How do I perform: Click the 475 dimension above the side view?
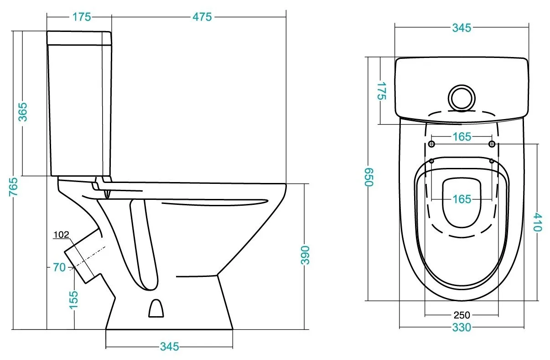click(x=202, y=17)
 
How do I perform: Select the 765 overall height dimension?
click(x=14, y=187)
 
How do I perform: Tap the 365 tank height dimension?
click(x=23, y=112)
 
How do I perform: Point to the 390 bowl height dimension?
click(x=305, y=255)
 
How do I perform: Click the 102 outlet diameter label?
click(x=61, y=235)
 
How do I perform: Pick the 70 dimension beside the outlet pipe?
click(x=59, y=267)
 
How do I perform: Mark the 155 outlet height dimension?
click(x=74, y=300)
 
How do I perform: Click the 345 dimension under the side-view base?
click(x=169, y=346)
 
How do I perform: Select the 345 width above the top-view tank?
click(x=462, y=28)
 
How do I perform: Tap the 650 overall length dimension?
click(x=368, y=177)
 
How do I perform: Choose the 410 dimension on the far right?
click(x=538, y=222)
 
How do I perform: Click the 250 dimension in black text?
click(x=462, y=315)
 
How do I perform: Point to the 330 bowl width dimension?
click(x=462, y=327)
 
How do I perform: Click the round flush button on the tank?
click(x=462, y=98)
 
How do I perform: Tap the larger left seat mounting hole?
click(x=431, y=144)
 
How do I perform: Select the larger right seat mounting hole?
click(x=492, y=144)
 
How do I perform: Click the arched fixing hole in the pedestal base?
click(x=156, y=308)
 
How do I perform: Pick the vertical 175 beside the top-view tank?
click(x=382, y=91)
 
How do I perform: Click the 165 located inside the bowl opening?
click(x=462, y=199)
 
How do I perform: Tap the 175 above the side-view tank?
click(x=82, y=17)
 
